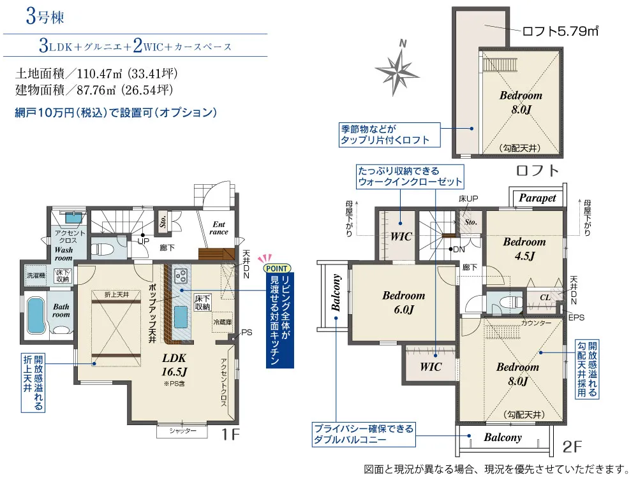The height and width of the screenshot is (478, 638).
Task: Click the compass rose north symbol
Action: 396,69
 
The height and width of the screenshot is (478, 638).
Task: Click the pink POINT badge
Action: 277,268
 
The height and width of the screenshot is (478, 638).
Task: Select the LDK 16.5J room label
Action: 174,365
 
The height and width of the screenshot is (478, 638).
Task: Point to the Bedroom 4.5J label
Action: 524,249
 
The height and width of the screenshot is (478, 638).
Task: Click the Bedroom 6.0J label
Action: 403,302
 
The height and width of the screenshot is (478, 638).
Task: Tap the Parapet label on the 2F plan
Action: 537,198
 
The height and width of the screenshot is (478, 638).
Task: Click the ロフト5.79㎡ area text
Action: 560,31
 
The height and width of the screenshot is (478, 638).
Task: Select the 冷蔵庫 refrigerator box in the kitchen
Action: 222,322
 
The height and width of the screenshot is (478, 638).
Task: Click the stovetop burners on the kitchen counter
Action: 181,276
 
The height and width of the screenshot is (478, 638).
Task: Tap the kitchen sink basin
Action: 181,317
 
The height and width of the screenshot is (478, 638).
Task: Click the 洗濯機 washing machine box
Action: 36,275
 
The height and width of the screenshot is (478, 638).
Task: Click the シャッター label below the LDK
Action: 182,431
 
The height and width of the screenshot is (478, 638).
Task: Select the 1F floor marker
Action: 230,435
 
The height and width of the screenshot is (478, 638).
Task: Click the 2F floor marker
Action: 572,447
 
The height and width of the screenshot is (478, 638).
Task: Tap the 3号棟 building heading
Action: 45,17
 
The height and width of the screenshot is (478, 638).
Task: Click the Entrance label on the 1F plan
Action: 219,228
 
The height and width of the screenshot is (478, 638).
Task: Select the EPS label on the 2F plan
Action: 576,317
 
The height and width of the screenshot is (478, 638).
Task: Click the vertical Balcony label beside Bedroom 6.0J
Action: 336,293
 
